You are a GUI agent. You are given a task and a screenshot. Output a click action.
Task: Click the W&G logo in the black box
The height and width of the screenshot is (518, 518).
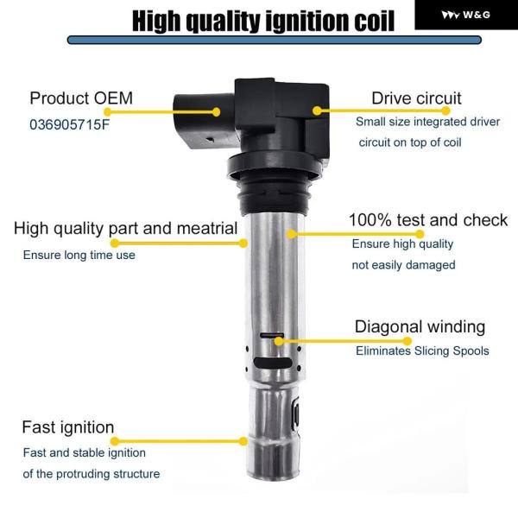(x=465, y=15)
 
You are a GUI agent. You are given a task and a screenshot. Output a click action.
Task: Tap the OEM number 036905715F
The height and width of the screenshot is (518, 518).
(x=69, y=125)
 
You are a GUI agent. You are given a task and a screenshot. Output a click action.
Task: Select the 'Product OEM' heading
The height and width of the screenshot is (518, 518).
(x=81, y=98)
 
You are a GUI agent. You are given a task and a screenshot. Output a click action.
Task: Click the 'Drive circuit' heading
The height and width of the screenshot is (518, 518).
(x=416, y=98)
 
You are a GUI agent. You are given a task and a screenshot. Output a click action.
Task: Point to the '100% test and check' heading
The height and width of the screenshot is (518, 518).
(x=428, y=219)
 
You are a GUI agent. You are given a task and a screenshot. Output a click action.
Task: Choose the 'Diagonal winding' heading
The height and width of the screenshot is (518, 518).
(x=420, y=326)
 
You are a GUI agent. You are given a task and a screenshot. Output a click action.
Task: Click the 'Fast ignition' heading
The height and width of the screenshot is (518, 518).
(x=68, y=427)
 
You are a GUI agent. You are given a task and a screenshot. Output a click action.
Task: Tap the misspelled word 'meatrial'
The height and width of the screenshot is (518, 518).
(x=208, y=228)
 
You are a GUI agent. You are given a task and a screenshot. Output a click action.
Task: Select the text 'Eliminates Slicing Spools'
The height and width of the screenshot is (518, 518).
(x=422, y=351)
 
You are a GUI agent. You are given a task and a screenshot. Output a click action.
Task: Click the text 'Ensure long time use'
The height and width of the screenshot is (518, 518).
(x=79, y=255)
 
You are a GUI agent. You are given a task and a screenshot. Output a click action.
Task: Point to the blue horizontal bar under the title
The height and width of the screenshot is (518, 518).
(x=275, y=41)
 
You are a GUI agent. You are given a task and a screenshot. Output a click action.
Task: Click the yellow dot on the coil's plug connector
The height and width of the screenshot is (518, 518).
(x=216, y=112)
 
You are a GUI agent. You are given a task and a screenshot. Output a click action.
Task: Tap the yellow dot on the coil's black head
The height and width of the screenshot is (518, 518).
(x=317, y=111)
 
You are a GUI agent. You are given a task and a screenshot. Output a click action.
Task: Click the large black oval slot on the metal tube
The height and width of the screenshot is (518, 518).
(x=273, y=363)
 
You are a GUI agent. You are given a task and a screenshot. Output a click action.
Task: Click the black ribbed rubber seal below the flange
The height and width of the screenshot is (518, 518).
(x=275, y=196)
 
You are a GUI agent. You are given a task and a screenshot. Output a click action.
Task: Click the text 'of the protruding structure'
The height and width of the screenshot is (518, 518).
(x=92, y=474)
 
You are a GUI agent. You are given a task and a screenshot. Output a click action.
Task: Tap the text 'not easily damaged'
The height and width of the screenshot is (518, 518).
(x=404, y=265)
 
